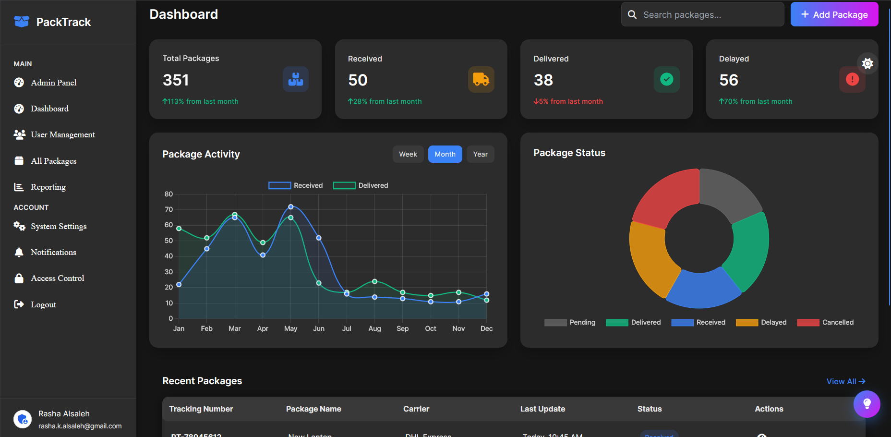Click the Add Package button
point(834,14)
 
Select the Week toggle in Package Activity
point(408,154)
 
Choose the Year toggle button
point(480,154)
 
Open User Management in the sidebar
point(62,134)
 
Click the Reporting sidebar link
point(48,187)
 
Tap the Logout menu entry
point(43,304)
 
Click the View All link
point(845,381)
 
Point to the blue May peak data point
point(291,207)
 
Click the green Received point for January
point(179,229)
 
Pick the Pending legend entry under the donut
point(570,323)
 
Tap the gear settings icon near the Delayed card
point(867,63)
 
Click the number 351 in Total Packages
point(176,80)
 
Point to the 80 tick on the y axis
point(169,194)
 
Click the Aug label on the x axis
point(374,328)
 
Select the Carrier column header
point(416,409)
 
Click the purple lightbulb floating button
point(867,404)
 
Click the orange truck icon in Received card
point(481,79)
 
